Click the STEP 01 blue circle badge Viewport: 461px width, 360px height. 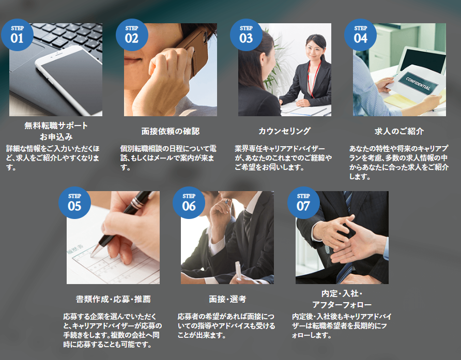coord(18,35)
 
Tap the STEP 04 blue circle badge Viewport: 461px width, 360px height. coord(360,35)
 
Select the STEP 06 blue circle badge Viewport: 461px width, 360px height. coord(189,203)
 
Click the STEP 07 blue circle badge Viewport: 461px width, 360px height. coord(303,203)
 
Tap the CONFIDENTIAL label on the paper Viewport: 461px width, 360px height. coord(418,84)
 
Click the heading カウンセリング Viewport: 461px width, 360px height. coord(285,131)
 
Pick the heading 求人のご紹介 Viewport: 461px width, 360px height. coord(399,131)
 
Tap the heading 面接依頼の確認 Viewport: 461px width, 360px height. coord(171,131)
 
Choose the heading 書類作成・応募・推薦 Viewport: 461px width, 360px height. coord(113,299)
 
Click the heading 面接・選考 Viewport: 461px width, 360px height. coord(227,299)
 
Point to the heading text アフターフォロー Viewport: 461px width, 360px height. coord(342,305)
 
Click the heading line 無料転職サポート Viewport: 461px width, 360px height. coord(56,126)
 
